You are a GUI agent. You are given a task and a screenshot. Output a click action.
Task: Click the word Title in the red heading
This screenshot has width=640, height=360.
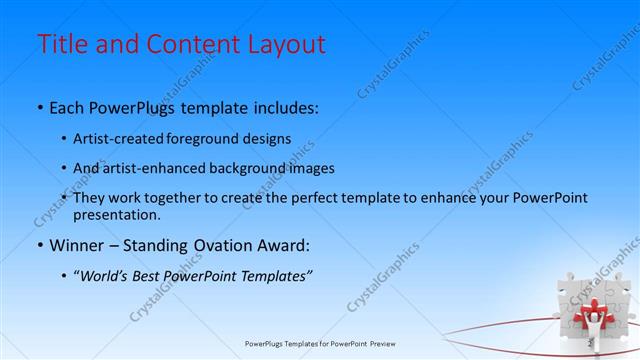61,45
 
